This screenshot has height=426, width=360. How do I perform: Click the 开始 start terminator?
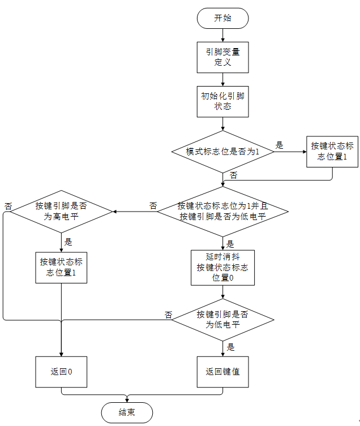pyautogui.click(x=222, y=18)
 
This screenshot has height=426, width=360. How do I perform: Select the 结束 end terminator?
pyautogui.click(x=126, y=412)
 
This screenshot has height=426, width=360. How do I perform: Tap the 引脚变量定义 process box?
pyautogui.click(x=222, y=57)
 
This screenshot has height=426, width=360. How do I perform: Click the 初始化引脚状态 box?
pyautogui.click(x=222, y=101)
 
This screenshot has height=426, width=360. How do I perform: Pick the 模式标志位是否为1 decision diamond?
pyautogui.click(x=222, y=152)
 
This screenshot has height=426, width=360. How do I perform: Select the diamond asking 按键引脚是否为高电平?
pyautogui.click(x=61, y=211)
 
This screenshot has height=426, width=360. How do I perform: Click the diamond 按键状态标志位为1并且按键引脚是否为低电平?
pyautogui.click(x=222, y=211)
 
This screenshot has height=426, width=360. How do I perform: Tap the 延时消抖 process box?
pyautogui.click(x=222, y=268)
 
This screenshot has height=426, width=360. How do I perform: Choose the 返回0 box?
pyautogui.click(x=61, y=372)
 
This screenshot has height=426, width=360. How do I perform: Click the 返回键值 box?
pyautogui.click(x=222, y=372)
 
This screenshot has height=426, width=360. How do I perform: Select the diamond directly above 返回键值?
pyautogui.click(x=222, y=320)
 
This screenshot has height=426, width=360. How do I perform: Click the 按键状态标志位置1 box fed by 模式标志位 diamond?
pyautogui.click(x=332, y=151)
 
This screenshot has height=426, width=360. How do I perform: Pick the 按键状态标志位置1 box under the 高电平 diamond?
pyautogui.click(x=61, y=267)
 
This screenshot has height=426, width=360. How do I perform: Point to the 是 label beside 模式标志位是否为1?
pyautogui.click(x=279, y=145)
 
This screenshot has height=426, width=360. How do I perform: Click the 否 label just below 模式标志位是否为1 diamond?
pyautogui.click(x=233, y=175)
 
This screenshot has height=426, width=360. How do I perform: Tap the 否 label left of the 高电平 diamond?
pyautogui.click(x=8, y=205)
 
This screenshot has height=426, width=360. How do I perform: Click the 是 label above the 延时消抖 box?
pyautogui.click(x=230, y=244)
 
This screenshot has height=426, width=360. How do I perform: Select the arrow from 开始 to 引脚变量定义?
pyautogui.click(x=222, y=35)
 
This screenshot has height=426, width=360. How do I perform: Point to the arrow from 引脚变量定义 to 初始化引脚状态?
pyautogui.click(x=222, y=79)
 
